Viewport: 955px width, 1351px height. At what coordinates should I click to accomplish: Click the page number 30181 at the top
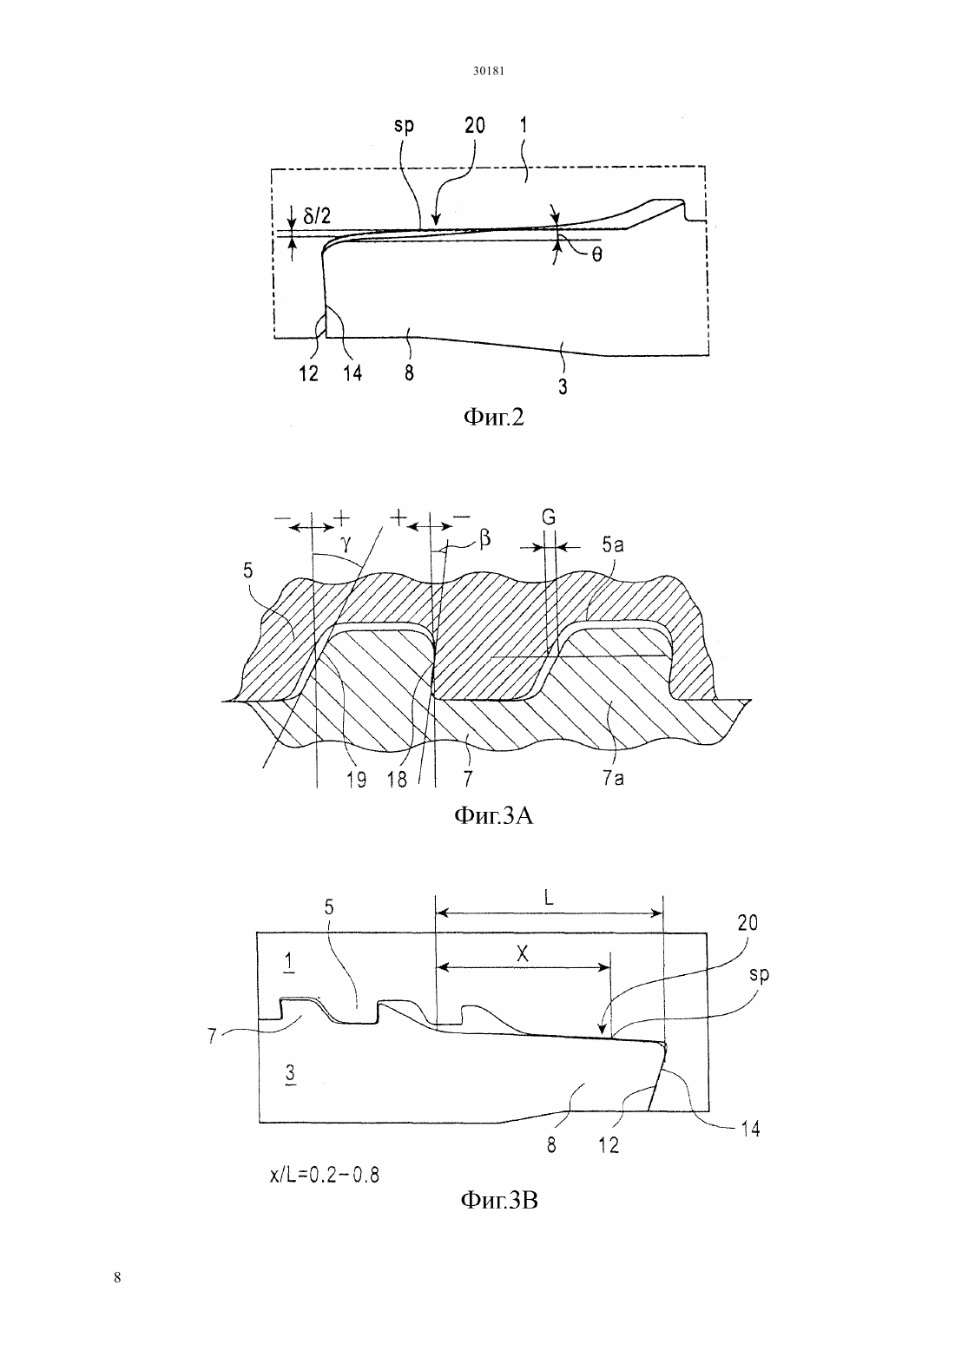(x=488, y=71)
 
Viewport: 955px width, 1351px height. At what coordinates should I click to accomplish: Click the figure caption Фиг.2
(x=494, y=417)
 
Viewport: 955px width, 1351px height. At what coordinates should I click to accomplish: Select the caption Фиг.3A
(x=493, y=816)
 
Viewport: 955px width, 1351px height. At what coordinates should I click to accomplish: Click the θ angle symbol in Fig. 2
(x=596, y=256)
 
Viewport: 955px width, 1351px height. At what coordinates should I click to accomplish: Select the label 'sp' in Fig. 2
(x=404, y=127)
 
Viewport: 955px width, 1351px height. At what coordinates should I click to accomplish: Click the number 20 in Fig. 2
(x=475, y=125)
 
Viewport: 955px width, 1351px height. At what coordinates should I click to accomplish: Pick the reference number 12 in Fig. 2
(x=309, y=374)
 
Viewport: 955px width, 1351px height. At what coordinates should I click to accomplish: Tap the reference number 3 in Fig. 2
(x=563, y=386)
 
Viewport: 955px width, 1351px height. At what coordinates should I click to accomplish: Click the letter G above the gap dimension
(x=548, y=517)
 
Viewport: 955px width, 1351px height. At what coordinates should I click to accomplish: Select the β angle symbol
(x=484, y=538)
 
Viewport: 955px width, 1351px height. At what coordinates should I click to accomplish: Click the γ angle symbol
(x=346, y=544)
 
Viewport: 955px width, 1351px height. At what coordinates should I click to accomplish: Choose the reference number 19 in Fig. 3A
(x=356, y=780)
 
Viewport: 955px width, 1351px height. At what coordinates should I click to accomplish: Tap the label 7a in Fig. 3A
(x=613, y=779)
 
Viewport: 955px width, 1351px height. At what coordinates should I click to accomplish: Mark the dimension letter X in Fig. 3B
(x=523, y=953)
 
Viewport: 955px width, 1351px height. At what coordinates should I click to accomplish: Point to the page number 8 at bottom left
(x=117, y=1277)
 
